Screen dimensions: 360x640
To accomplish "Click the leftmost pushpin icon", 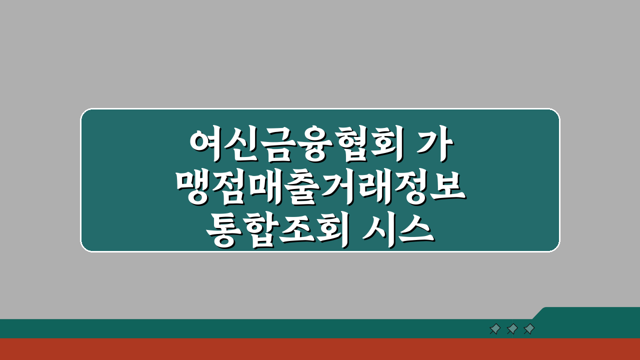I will click(x=495, y=329).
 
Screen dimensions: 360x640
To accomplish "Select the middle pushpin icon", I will click(x=512, y=329).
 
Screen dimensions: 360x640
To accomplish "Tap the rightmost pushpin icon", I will click(x=529, y=329).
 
